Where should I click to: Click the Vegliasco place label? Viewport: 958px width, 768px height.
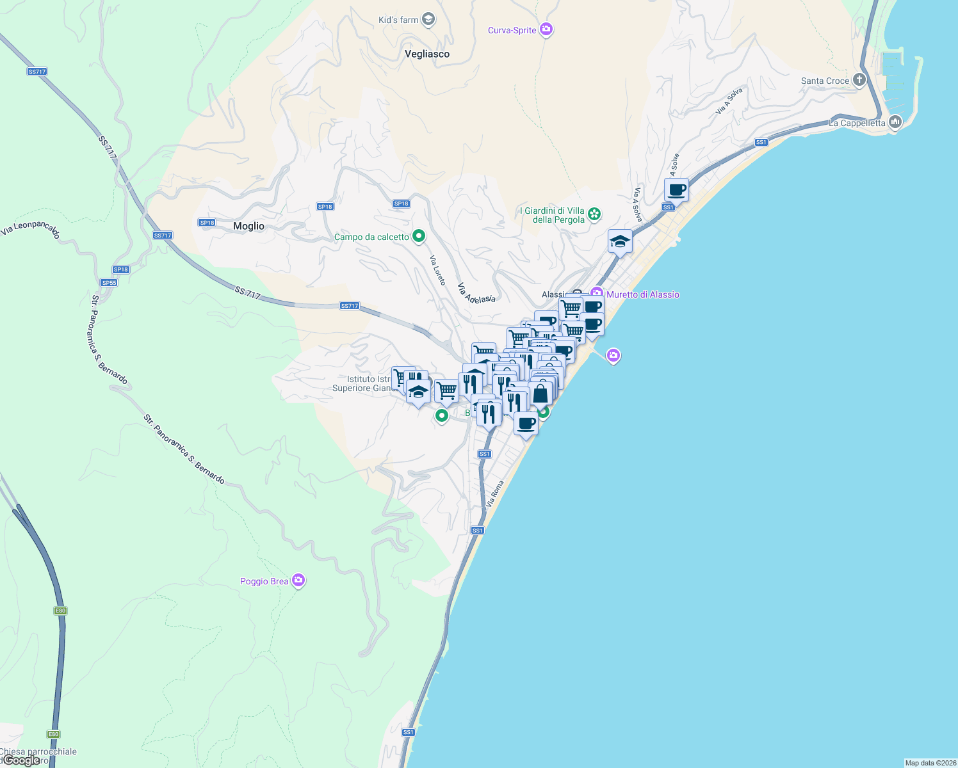coord(427,54)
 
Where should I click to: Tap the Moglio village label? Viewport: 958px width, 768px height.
coord(248,226)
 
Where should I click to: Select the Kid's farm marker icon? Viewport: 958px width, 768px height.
coord(428,19)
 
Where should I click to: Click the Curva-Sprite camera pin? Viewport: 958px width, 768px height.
coord(546,29)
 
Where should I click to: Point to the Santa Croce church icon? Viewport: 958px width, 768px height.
coord(859,80)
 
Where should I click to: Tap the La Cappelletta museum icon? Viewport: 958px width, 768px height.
coord(895,122)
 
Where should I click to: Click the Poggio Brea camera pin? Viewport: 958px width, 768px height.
coord(298,580)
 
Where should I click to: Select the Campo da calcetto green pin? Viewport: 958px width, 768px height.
coord(419,236)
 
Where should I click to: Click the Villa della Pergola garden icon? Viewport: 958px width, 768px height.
coord(594,214)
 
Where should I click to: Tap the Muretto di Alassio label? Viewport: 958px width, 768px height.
coord(642,294)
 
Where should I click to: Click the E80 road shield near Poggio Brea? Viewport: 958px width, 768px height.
coord(60,611)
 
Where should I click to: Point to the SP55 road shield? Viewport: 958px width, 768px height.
coord(109,282)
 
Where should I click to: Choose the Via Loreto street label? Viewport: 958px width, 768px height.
coord(437,270)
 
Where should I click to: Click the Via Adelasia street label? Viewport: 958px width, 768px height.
coord(476,292)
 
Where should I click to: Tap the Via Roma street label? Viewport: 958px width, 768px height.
coord(495,493)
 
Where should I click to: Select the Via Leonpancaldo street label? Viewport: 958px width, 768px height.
coord(30,228)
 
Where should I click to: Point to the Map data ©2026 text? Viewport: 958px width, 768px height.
coord(930,763)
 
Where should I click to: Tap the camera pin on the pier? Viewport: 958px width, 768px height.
coord(613,355)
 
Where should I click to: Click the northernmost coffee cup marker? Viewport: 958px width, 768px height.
coord(676,190)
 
